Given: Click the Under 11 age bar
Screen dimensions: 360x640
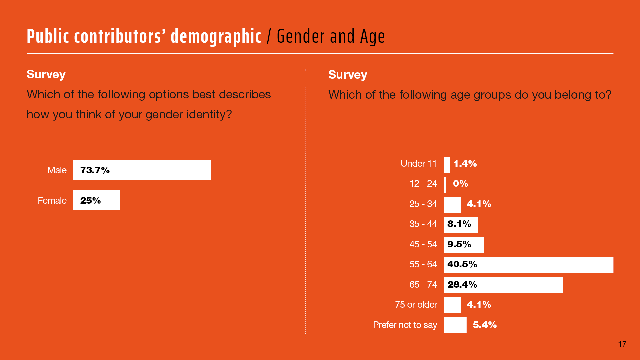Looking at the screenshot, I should (x=447, y=165).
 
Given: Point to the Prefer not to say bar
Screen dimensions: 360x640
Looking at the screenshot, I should (x=455, y=325).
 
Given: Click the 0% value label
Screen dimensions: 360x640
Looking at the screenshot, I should (x=460, y=184).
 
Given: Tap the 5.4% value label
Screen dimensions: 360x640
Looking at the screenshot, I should (x=485, y=325).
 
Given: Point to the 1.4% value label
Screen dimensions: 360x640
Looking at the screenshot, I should (x=465, y=164).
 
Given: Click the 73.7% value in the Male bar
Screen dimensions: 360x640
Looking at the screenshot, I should (x=95, y=170).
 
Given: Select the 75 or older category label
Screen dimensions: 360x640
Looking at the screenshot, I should (x=416, y=305).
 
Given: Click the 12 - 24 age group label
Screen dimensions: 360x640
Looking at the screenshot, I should (x=423, y=184).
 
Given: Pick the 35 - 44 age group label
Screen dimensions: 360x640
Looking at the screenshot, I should (x=423, y=224).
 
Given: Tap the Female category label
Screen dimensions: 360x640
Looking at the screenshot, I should (x=52, y=201).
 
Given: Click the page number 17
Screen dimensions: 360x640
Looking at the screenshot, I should (x=622, y=344).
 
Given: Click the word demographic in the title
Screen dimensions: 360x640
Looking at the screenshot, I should (x=216, y=37).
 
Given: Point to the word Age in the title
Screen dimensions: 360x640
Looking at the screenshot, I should (x=372, y=37).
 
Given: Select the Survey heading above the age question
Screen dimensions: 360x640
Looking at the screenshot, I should (x=347, y=75).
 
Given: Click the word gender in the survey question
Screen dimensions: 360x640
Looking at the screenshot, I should (x=164, y=115).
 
